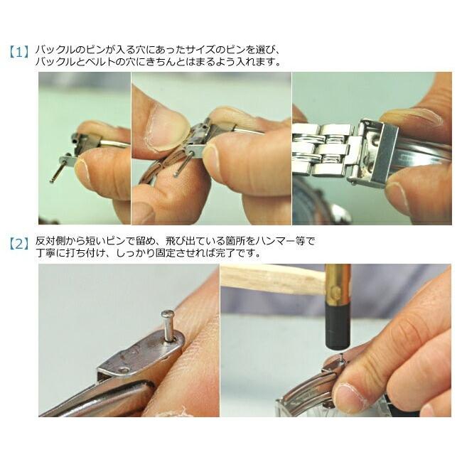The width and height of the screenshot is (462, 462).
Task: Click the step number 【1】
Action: point(19,52)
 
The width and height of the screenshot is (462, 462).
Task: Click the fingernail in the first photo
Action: point(82,169)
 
